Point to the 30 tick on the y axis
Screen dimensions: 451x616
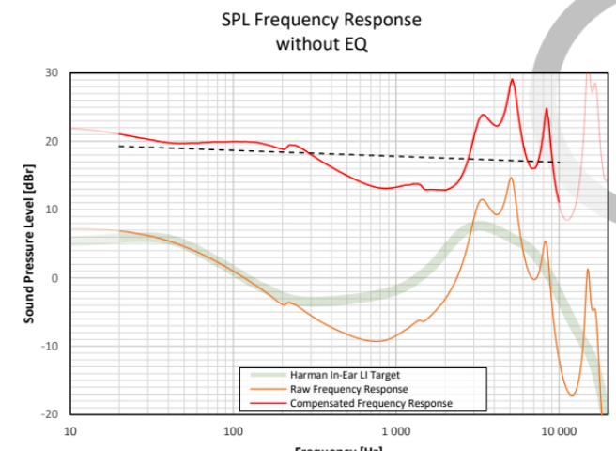51,73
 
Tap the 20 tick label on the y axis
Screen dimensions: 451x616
51,142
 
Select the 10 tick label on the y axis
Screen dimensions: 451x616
51,210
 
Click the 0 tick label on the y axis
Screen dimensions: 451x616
54,278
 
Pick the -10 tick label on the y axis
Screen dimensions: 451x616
49,346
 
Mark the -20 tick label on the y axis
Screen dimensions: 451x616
49,413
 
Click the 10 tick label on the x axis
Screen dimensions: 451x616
70,431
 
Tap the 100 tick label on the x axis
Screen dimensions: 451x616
233,431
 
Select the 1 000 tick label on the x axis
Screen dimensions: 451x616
395,431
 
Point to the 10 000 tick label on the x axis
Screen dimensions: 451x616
558,431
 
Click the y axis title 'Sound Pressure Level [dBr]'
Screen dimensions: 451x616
29,243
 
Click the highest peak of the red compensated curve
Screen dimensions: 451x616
512,79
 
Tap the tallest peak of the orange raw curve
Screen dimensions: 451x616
512,178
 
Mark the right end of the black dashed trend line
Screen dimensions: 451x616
560,163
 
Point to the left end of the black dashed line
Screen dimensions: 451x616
119,146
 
